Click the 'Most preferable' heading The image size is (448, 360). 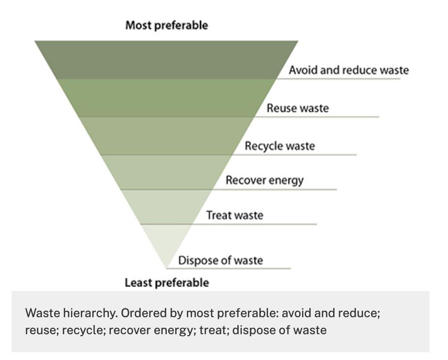coord(166,25)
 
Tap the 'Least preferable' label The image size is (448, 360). coord(166,282)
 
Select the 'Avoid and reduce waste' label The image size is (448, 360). coord(348,70)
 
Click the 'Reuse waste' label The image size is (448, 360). coord(297,108)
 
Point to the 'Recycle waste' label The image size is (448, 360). coord(280,146)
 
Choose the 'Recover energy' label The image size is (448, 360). coord(264,180)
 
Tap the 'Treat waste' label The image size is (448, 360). coord(234,215)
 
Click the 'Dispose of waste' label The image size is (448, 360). coord(220,260)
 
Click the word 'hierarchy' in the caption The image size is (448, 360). coord(81,313)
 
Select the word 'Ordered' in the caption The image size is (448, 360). coord(137,313)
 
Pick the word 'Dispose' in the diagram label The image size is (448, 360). coord(195,260)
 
